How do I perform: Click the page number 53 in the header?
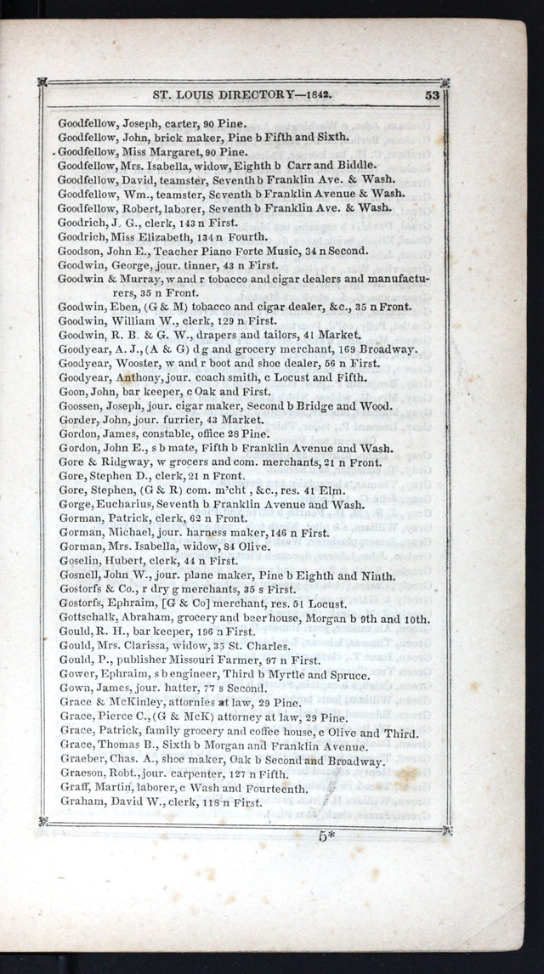pos(432,95)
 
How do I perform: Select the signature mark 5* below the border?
pos(326,835)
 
